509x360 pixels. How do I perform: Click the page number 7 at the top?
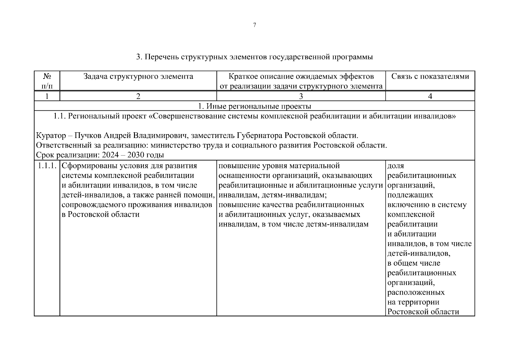coord(255,25)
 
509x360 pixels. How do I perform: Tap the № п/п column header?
coord(47,81)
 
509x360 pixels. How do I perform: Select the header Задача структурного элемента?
coord(138,76)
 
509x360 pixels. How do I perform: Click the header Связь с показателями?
coord(430,76)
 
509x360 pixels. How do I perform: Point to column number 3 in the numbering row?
coord(301,96)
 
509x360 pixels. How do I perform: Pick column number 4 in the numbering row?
coord(430,96)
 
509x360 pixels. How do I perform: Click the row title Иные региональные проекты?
coord(255,106)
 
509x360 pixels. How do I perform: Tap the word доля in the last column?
coord(396,166)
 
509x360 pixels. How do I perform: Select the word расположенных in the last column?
coord(416,292)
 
